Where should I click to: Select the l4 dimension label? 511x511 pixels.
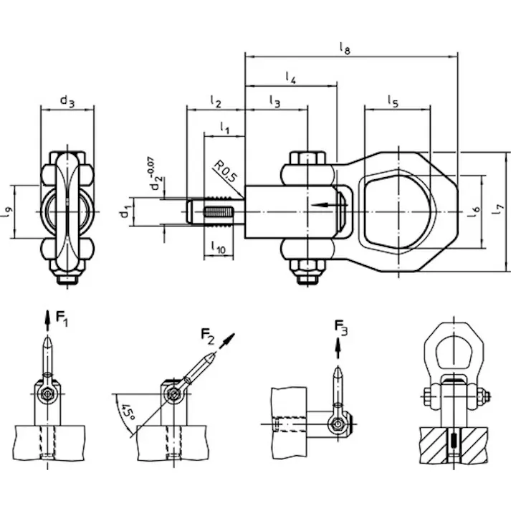point(290,77)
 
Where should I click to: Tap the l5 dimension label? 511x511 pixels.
point(393,102)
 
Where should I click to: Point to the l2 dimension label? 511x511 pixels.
point(216,102)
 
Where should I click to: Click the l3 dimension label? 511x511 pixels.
point(274,102)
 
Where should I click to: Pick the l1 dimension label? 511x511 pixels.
point(224,128)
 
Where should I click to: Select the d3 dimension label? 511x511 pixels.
point(67,102)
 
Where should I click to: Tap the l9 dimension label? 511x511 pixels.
point(8,212)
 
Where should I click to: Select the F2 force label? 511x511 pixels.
point(209,335)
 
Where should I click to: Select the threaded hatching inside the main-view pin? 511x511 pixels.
point(221,213)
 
